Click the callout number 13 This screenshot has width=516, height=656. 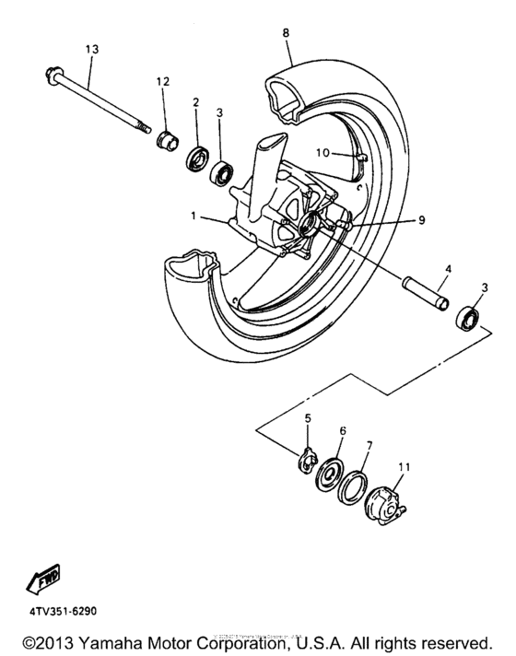[x=91, y=48]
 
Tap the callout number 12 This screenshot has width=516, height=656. [x=163, y=83]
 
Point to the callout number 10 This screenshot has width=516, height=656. [x=322, y=151]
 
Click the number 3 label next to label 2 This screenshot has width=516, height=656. [x=219, y=112]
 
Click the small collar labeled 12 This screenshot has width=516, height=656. [x=168, y=143]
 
